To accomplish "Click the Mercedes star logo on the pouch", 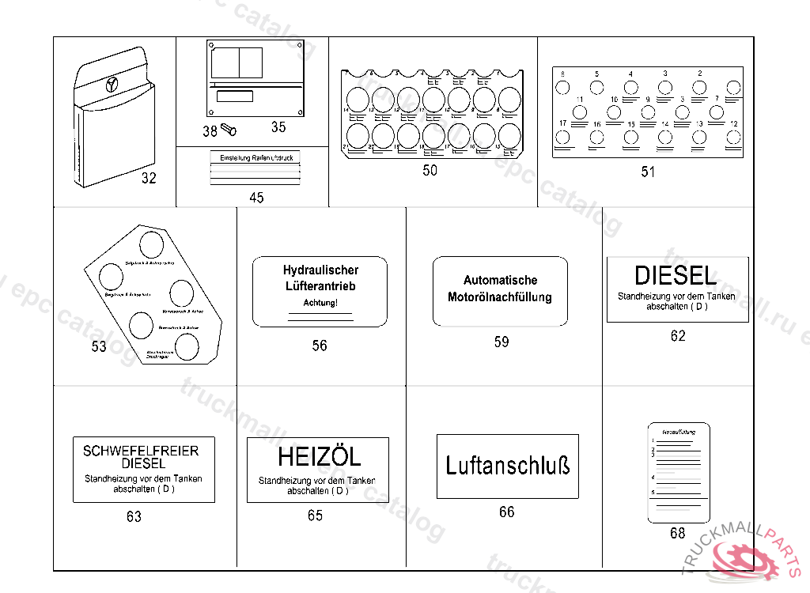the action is [x=112, y=83].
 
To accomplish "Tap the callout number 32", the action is [x=149, y=178].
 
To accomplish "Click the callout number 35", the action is [x=278, y=127].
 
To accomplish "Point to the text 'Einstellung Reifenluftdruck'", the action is [x=256, y=158].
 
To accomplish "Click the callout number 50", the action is [x=430, y=170].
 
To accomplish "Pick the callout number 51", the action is [x=648, y=172].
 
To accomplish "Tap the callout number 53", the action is [x=99, y=346].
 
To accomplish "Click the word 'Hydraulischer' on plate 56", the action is [x=320, y=270].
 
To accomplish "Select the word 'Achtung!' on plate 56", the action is [x=320, y=304].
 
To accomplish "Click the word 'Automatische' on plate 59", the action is [x=500, y=280].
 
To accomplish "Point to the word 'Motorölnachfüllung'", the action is [x=500, y=297].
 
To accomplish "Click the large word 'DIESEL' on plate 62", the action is [x=676, y=276].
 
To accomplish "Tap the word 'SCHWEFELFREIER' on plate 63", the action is [x=141, y=451].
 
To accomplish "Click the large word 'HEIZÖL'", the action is [x=319, y=457].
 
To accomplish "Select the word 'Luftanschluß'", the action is [x=507, y=465].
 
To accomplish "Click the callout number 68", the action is [x=678, y=533].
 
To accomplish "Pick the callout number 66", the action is [x=507, y=512].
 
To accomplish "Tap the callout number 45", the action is [x=256, y=198].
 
